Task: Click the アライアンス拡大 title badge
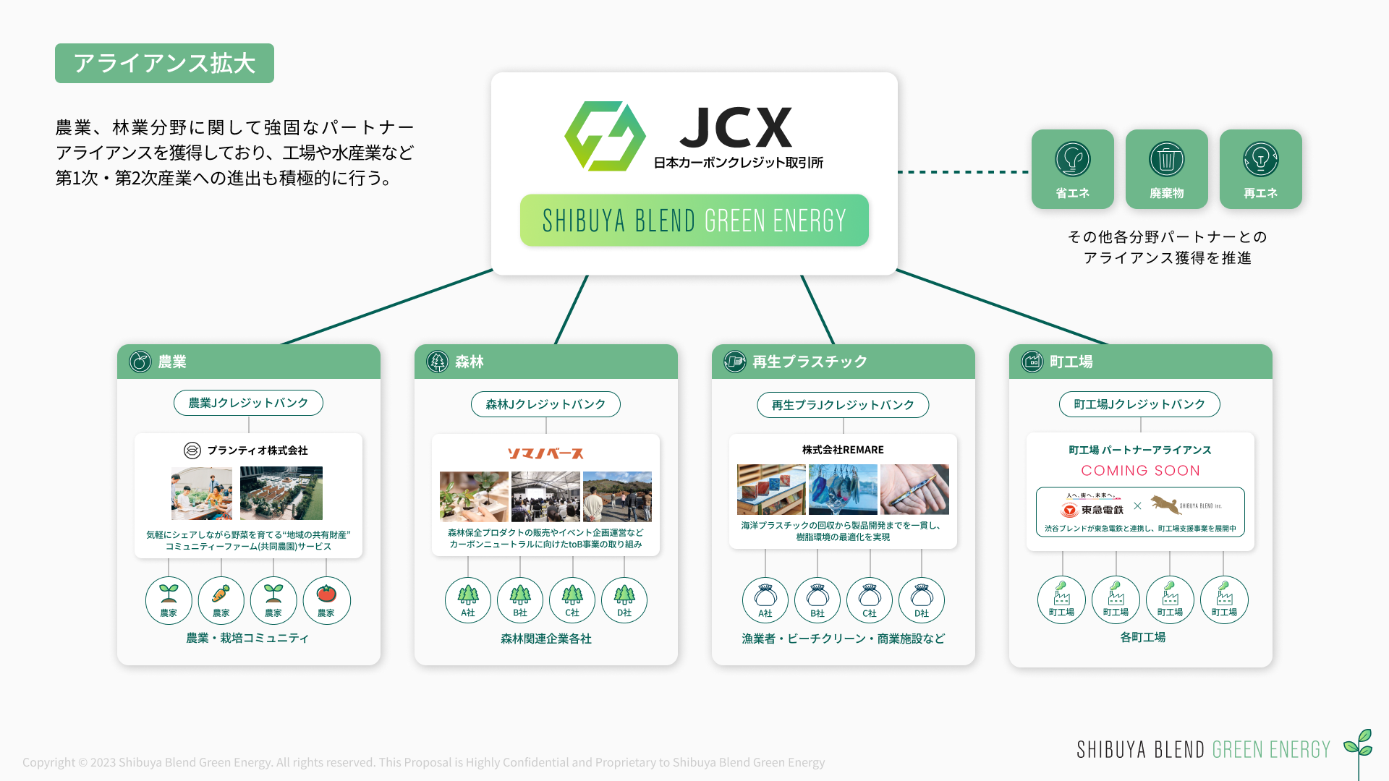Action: pos(164,63)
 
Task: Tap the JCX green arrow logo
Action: pos(605,136)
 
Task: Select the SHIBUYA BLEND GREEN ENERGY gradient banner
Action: pos(694,220)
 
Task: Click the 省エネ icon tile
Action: pos(1072,169)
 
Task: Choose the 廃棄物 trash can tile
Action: pos(1166,169)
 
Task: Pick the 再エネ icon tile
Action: pos(1260,169)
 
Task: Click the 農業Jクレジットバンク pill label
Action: pos(248,403)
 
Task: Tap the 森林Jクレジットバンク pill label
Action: pos(545,404)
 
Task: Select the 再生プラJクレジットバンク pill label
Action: pos(843,405)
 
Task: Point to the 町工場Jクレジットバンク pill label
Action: pos(1139,404)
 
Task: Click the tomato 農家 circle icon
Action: pos(326,600)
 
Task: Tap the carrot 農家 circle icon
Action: pos(221,600)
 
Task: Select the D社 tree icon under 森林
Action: pos(624,600)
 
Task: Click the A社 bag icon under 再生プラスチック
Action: pos(765,600)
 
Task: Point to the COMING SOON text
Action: pos(1140,471)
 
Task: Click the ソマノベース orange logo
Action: pos(545,453)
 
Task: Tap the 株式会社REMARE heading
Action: pos(843,450)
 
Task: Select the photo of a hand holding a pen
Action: pos(914,490)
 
